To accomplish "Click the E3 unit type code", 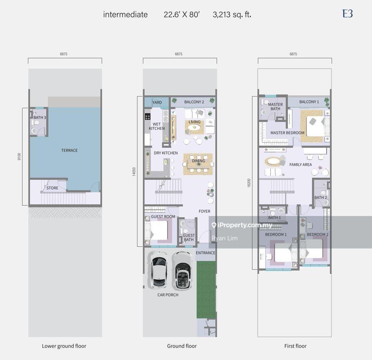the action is click(347, 14).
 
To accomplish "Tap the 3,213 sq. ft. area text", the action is click(232, 15).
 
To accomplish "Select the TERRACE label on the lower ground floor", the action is click(69, 150).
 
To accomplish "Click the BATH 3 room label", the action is click(40, 117).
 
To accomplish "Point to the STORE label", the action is click(52, 188).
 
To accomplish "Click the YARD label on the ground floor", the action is click(157, 102).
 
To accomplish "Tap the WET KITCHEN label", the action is click(157, 126).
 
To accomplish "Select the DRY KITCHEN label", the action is click(166, 153).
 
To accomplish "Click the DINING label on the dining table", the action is click(198, 161).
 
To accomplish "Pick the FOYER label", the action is click(204, 211).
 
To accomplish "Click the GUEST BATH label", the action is click(189, 237).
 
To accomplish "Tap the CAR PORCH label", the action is click(168, 295).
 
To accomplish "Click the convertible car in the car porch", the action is click(182, 271).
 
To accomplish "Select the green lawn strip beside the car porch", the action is click(206, 290).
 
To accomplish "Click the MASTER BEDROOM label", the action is click(287, 133).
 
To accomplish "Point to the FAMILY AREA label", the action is click(300, 164).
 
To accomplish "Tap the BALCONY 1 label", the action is click(309, 102).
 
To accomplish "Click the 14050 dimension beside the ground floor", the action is click(134, 171).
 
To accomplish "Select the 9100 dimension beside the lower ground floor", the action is click(19, 156).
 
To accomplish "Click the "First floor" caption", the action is click(295, 346).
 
